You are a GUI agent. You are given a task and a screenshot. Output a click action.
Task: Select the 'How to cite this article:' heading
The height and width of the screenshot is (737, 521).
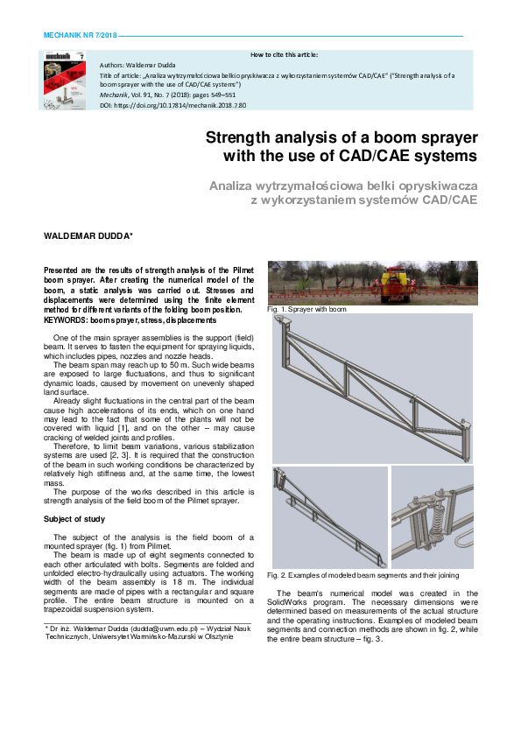click(285, 54)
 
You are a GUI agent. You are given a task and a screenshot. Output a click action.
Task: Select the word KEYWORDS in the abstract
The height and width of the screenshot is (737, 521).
click(68, 320)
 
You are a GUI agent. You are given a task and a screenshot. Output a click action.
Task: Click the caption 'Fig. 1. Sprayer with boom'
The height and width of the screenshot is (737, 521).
click(307, 310)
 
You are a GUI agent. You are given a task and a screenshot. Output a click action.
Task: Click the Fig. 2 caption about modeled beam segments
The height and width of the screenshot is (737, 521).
click(363, 575)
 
